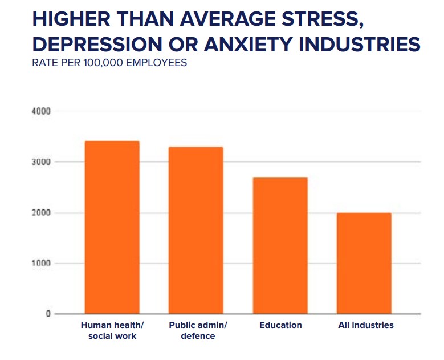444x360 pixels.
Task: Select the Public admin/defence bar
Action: click(196, 230)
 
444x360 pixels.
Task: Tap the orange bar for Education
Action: click(280, 245)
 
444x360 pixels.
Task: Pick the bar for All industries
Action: click(364, 263)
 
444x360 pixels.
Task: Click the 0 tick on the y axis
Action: click(48, 314)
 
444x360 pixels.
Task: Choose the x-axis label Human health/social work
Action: click(112, 330)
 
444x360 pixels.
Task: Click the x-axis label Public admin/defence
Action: click(198, 330)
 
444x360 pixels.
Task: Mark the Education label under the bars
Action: click(280, 325)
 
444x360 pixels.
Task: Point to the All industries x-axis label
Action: click(365, 325)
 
